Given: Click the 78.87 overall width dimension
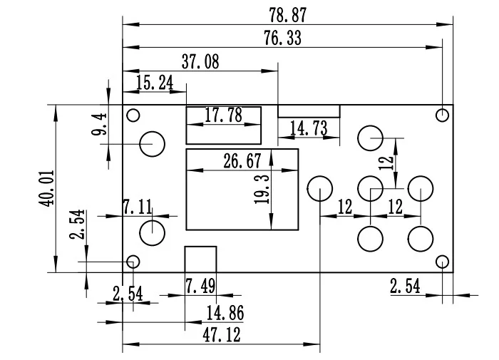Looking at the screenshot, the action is pyautogui.click(x=288, y=15).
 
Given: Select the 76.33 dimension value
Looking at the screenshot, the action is pyautogui.click(x=282, y=38).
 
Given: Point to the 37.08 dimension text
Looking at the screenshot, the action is pyautogui.click(x=200, y=62).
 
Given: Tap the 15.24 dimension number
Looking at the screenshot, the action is pyautogui.click(x=155, y=83).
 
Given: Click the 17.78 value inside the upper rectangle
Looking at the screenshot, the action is pyautogui.click(x=223, y=115).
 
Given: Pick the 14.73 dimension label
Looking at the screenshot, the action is pyautogui.click(x=309, y=128).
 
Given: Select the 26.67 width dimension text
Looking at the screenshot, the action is pyautogui.click(x=242, y=161).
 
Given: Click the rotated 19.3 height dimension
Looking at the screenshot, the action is pyautogui.click(x=262, y=189).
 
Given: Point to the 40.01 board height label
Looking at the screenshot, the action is pyautogui.click(x=47, y=188).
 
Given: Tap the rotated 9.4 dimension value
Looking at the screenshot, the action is pyautogui.click(x=99, y=124).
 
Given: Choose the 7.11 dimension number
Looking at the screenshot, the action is pyautogui.click(x=138, y=207).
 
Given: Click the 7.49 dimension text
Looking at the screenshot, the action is pyautogui.click(x=200, y=286).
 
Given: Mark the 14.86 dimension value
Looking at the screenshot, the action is pyautogui.click(x=225, y=313).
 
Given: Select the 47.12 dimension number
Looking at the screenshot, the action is pyautogui.click(x=222, y=335).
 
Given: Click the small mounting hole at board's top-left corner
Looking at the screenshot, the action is pyautogui.click(x=133, y=115).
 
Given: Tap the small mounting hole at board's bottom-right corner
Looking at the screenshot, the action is pyautogui.click(x=443, y=262).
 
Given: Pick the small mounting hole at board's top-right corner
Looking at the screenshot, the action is pyautogui.click(x=443, y=115).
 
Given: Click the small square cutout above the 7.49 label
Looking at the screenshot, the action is pyautogui.click(x=201, y=247).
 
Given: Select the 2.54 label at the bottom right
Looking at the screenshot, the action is pyautogui.click(x=405, y=286).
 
